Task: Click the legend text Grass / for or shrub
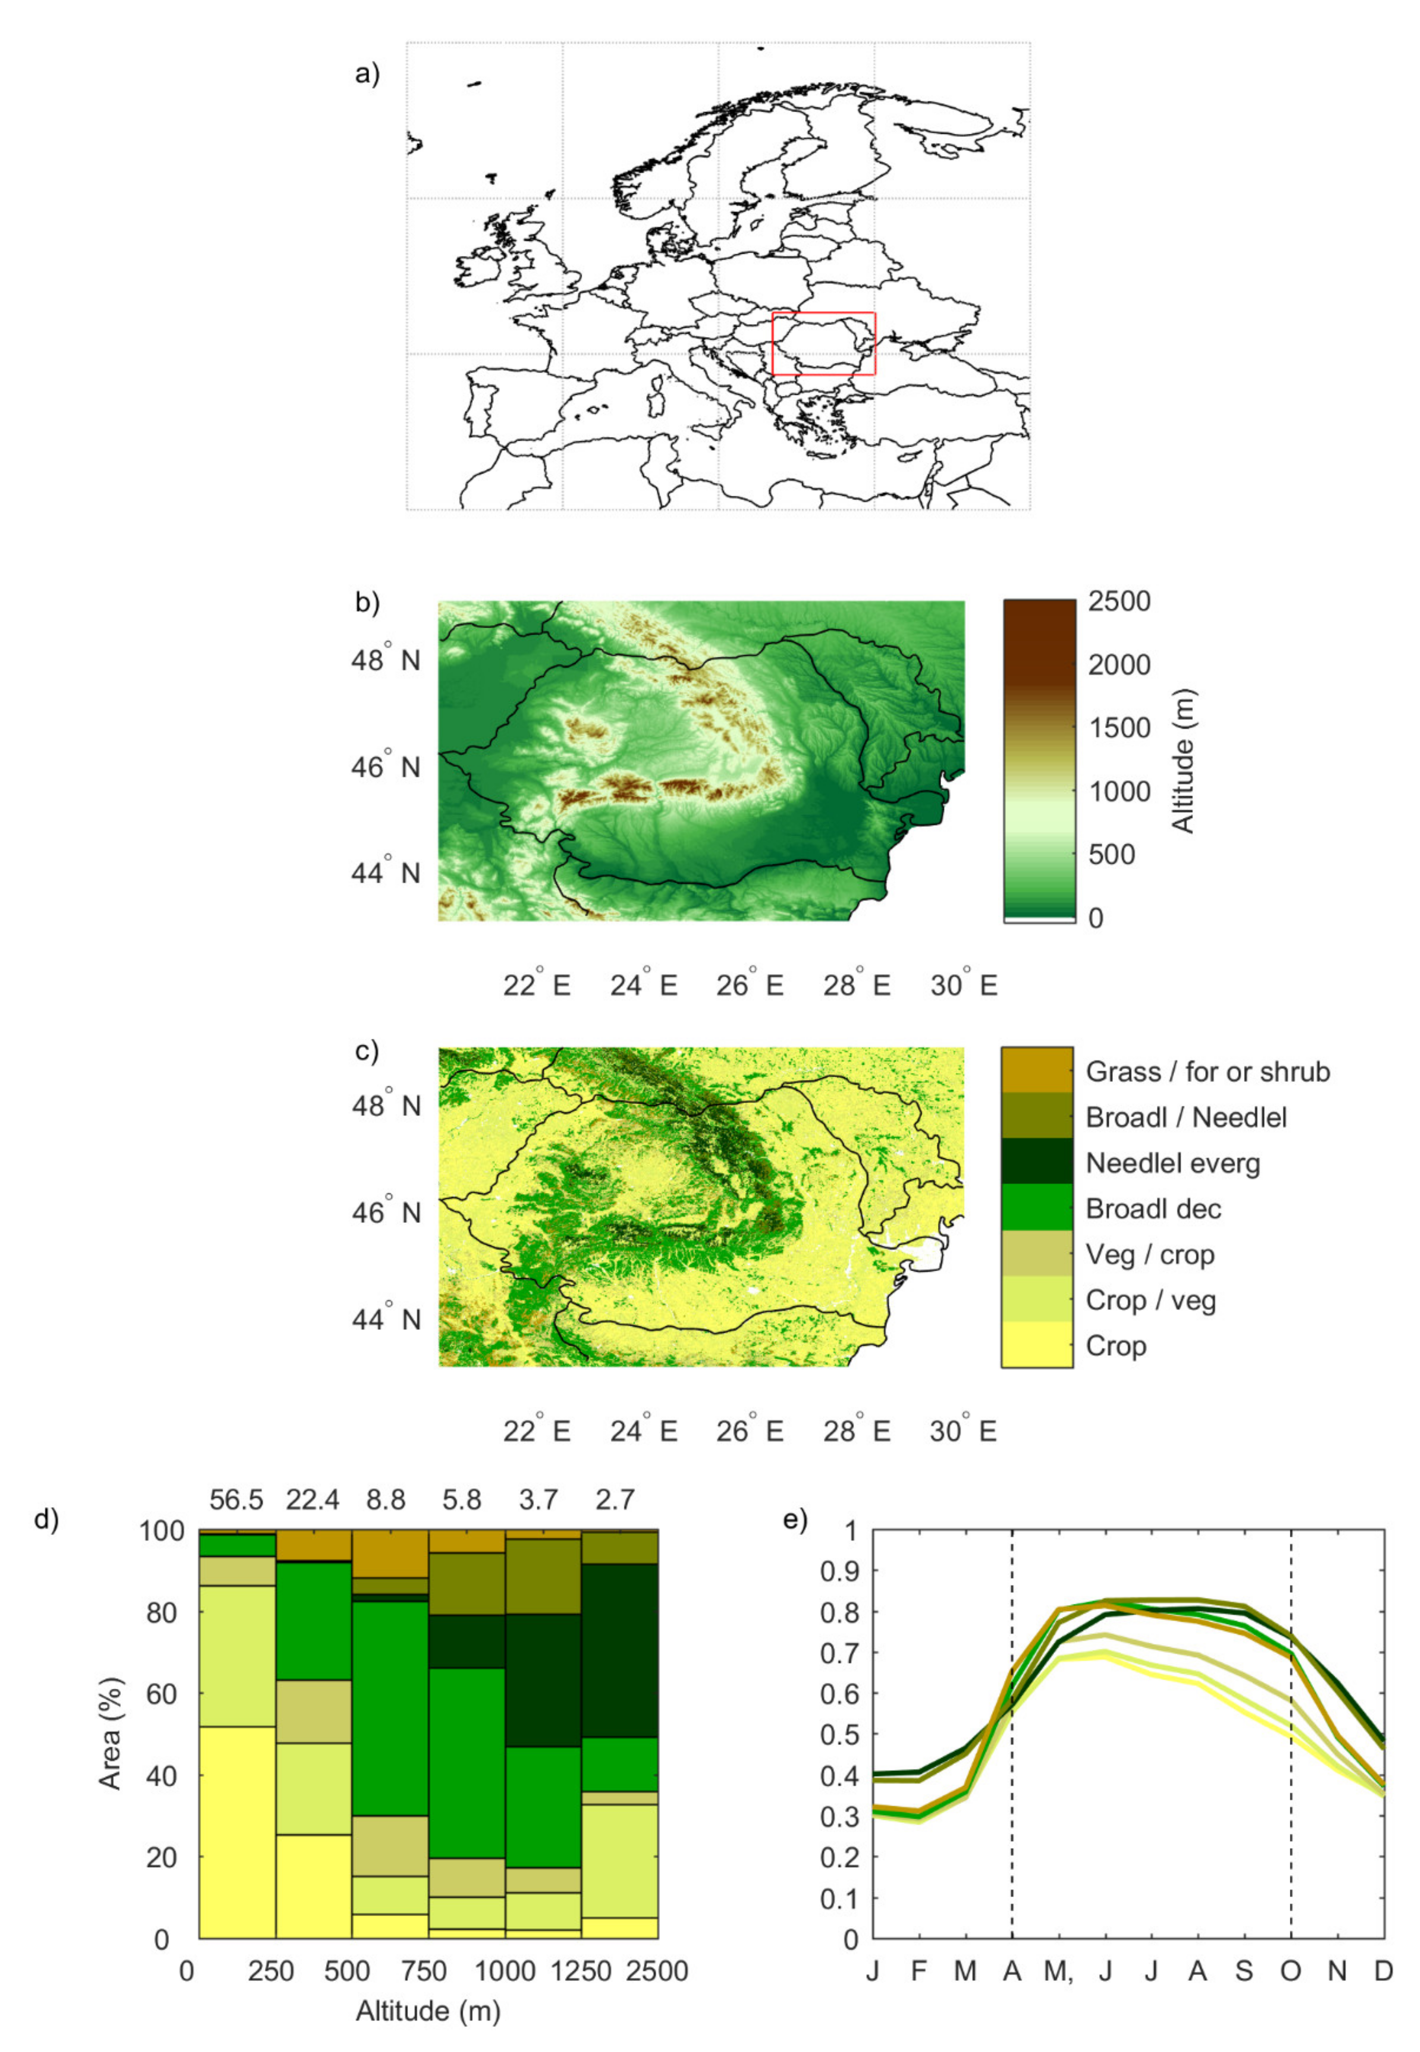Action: (1207, 1072)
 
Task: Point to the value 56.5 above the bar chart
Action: (237, 1499)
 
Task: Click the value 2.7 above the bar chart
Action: (615, 1499)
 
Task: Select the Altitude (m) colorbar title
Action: (1182, 761)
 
